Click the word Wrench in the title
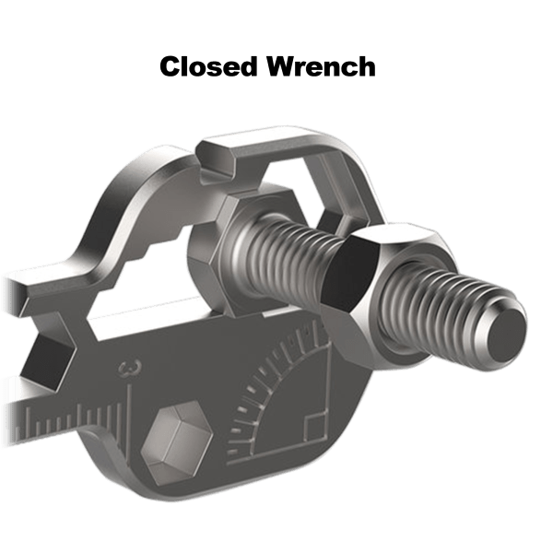(x=322, y=66)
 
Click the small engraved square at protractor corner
(x=314, y=424)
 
